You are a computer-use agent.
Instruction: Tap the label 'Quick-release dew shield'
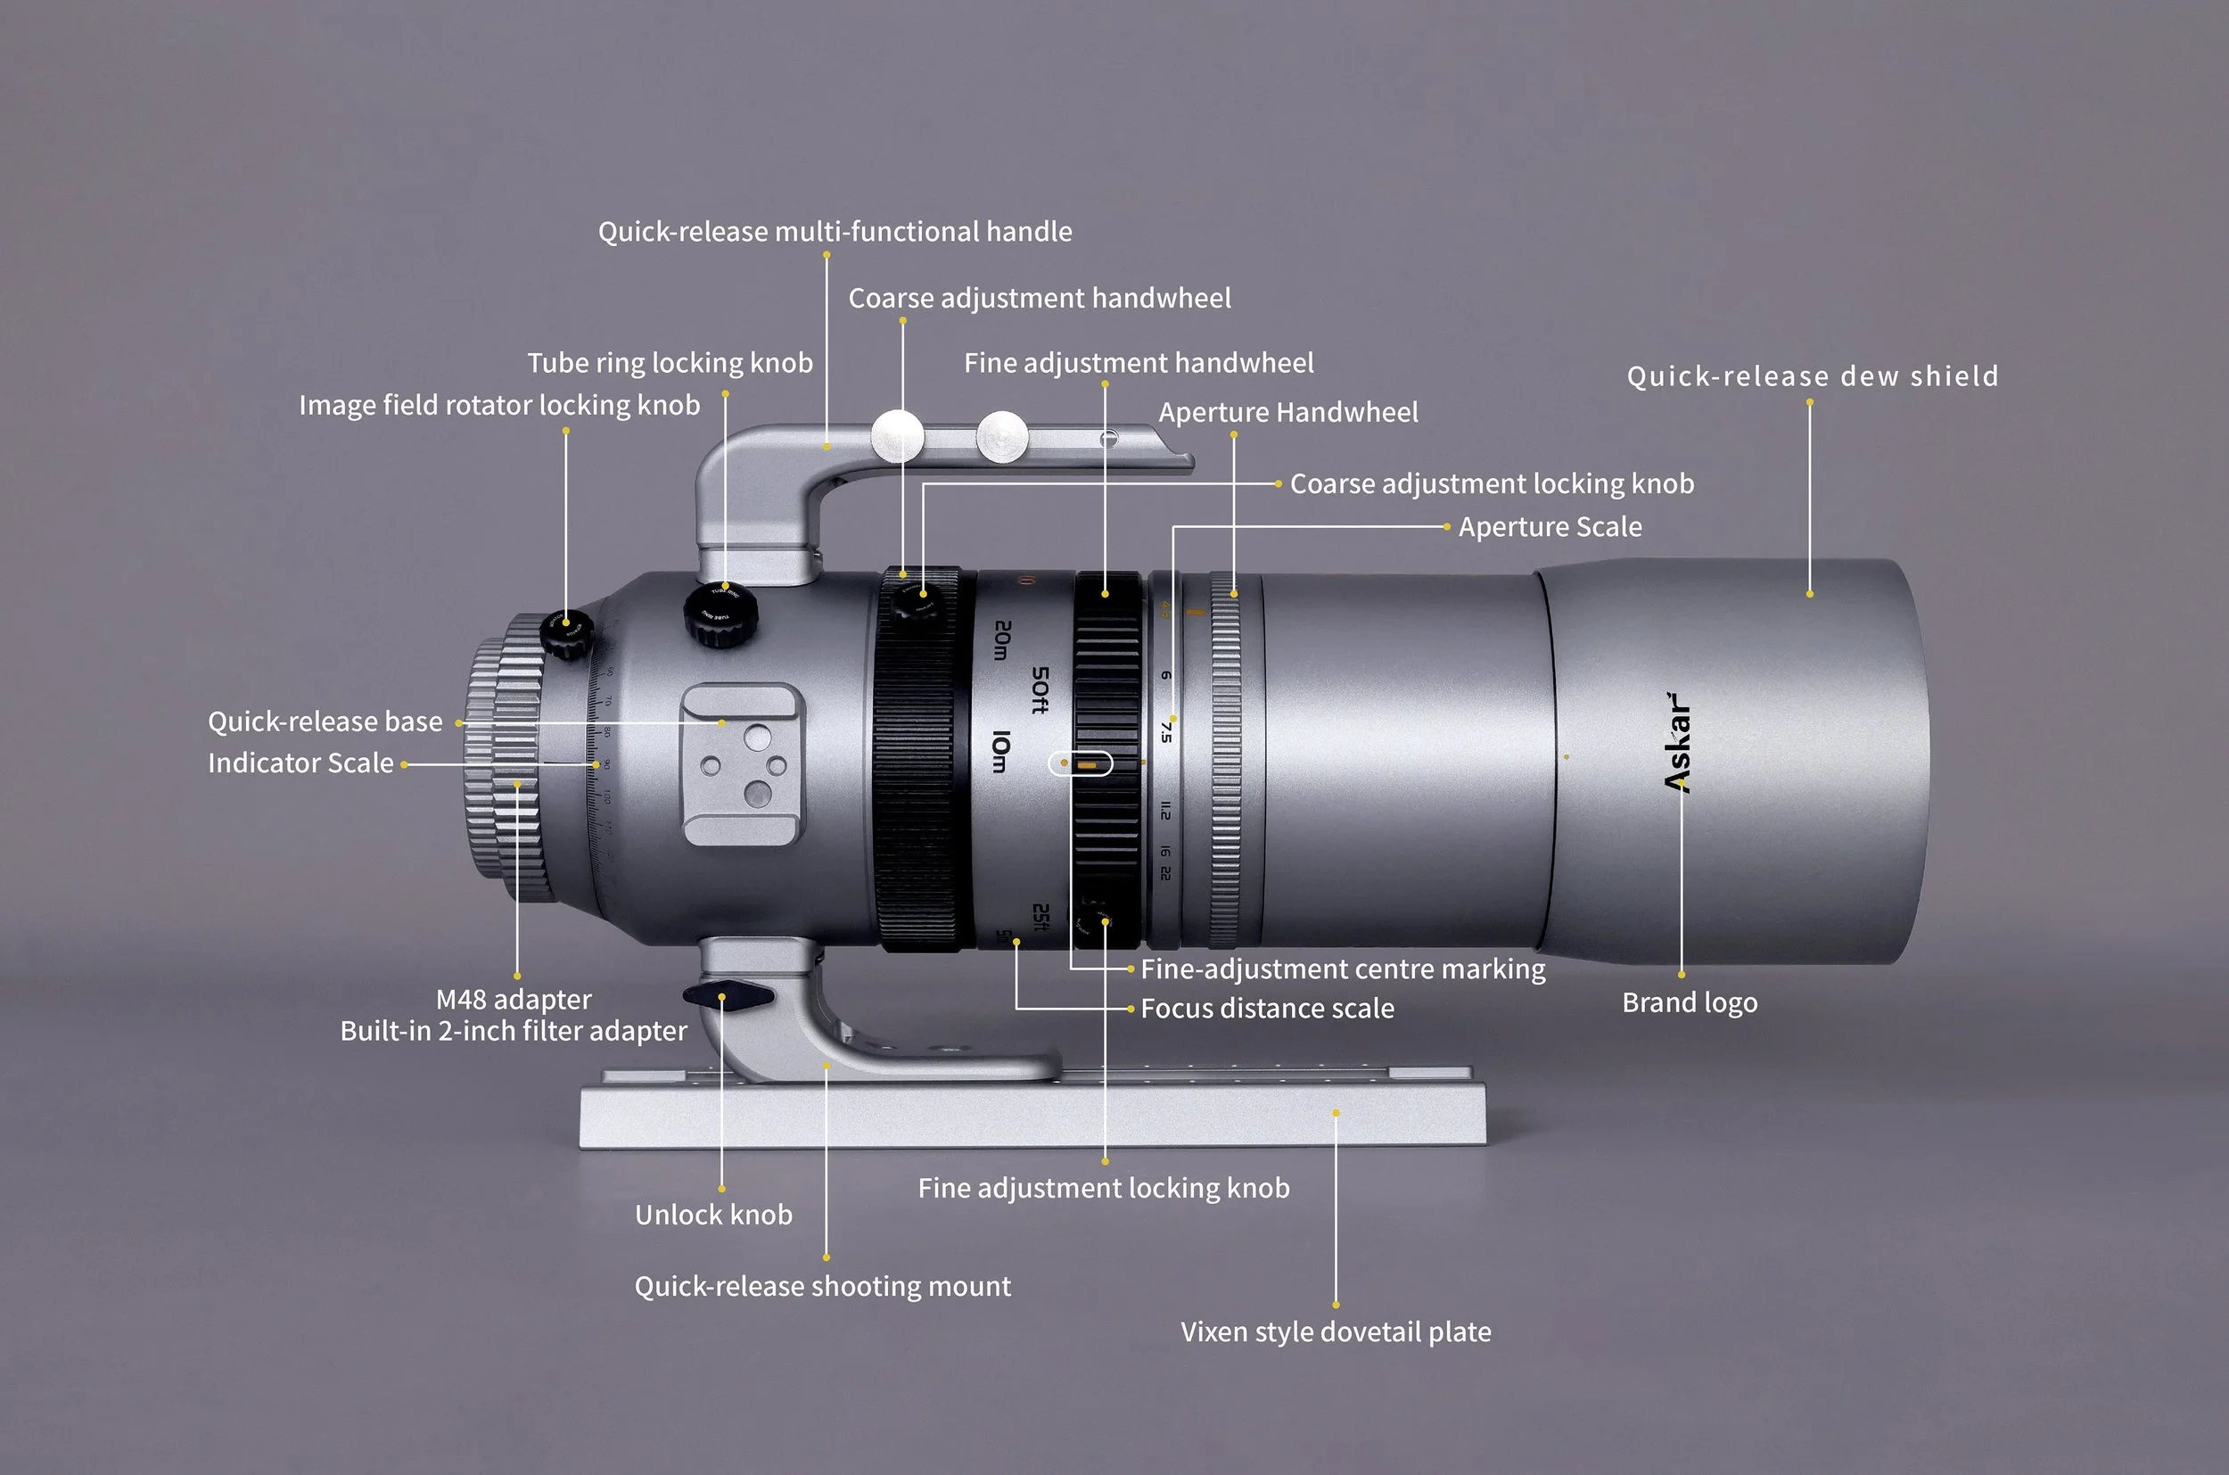pyautogui.click(x=1813, y=376)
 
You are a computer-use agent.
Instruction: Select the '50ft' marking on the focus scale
pyautogui.click(x=1040, y=690)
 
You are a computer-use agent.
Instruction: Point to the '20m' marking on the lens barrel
pyautogui.click(x=1002, y=639)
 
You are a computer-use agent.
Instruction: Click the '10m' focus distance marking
pyautogui.click(x=1000, y=752)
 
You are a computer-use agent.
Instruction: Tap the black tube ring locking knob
pyautogui.click(x=721, y=614)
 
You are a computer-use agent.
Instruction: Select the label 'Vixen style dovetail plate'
pyautogui.click(x=1336, y=1332)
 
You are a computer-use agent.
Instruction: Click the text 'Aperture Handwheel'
pyautogui.click(x=1287, y=412)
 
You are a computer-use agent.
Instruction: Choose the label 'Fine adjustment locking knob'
pyautogui.click(x=1103, y=1188)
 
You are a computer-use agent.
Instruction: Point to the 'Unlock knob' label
pyautogui.click(x=713, y=1215)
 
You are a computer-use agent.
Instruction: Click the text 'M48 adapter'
pyautogui.click(x=514, y=999)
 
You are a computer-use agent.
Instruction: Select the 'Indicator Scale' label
pyautogui.click(x=301, y=762)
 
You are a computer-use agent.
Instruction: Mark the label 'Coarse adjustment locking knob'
pyautogui.click(x=1492, y=483)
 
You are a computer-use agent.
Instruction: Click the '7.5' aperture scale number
pyautogui.click(x=1166, y=732)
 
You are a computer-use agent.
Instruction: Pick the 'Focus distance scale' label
pyautogui.click(x=1267, y=1009)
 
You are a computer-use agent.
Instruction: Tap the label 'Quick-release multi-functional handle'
pyautogui.click(x=835, y=231)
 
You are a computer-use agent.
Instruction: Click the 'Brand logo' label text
pyautogui.click(x=1690, y=1002)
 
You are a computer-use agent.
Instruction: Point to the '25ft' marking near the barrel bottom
pyautogui.click(x=1040, y=916)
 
